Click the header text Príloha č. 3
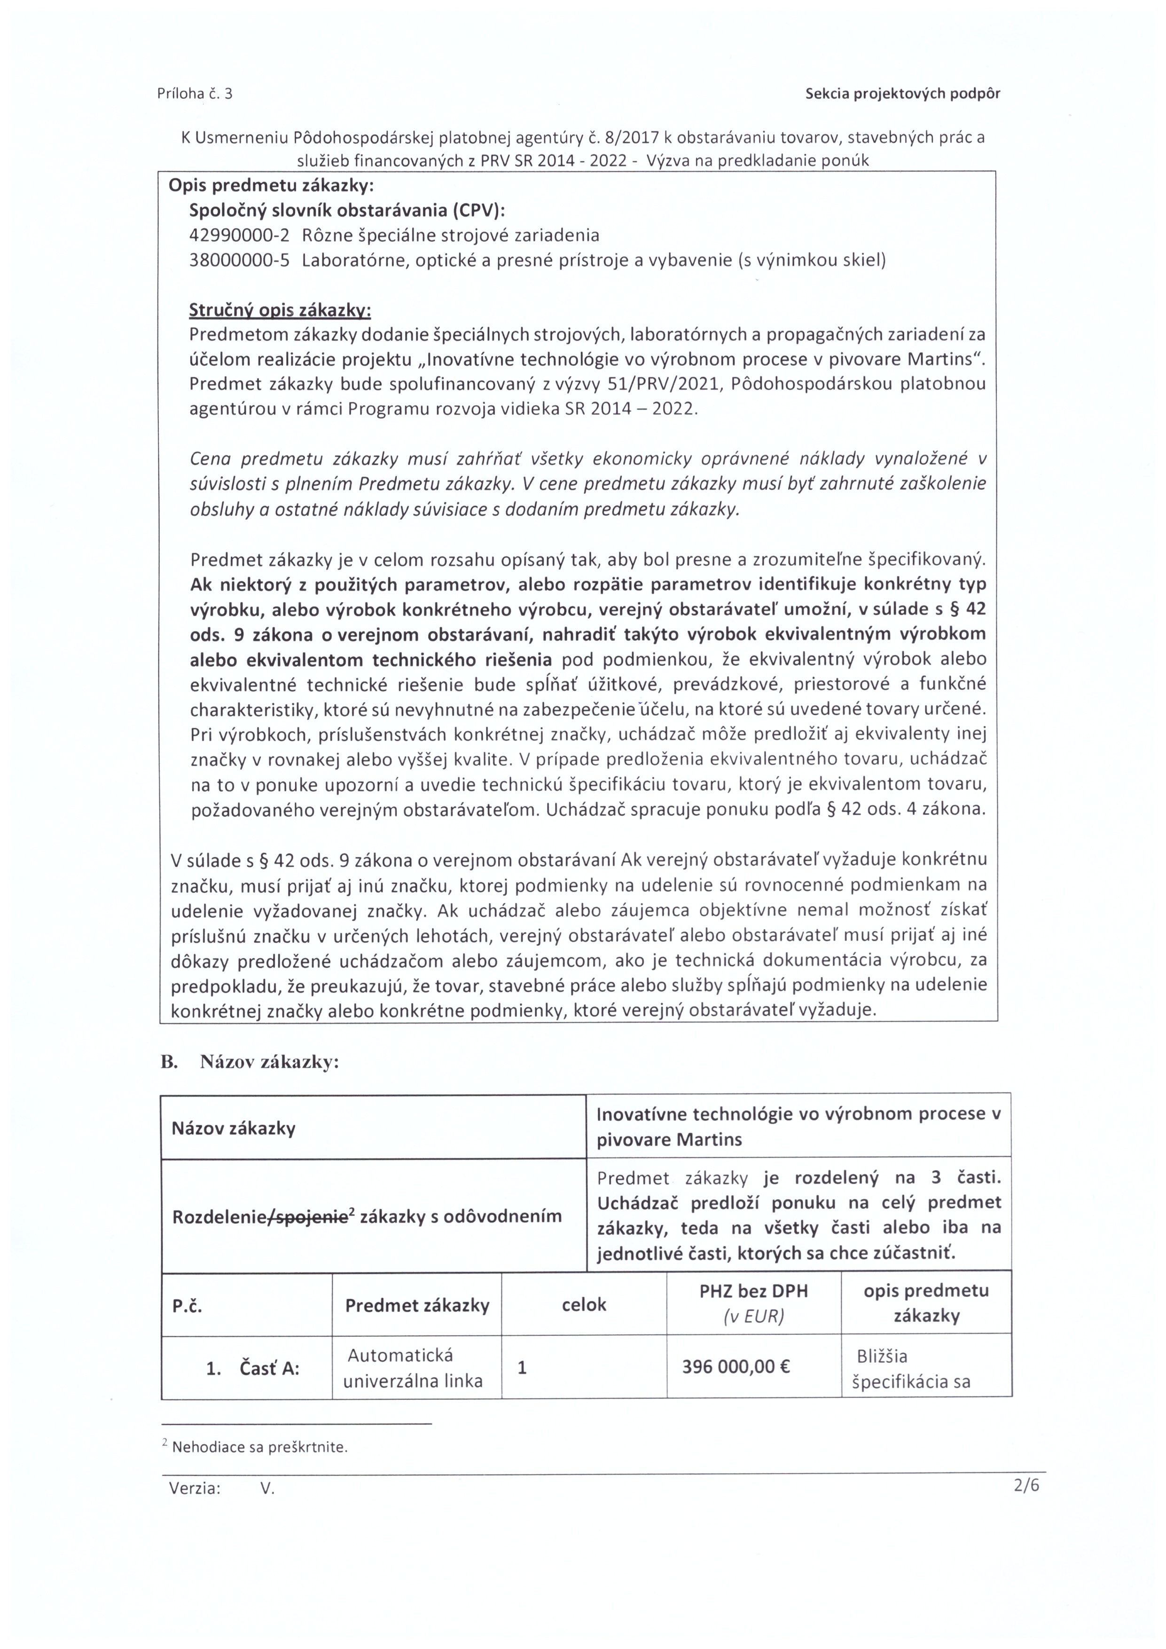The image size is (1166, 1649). [195, 94]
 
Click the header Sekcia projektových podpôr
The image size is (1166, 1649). [902, 94]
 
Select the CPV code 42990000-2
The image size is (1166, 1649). [239, 235]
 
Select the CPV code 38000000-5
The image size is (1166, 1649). [239, 260]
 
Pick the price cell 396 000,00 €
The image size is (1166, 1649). [736, 1366]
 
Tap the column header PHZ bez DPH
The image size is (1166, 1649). [753, 1291]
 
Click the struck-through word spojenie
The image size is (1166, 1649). [318, 1216]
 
